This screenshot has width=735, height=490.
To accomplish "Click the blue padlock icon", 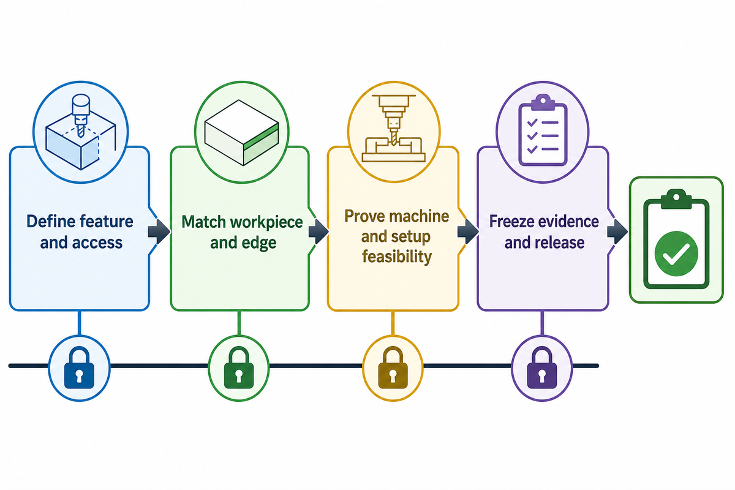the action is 79,368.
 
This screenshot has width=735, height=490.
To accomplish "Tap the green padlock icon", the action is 238,368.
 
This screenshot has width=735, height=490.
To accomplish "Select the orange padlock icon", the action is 393,368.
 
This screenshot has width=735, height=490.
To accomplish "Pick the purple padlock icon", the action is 541,368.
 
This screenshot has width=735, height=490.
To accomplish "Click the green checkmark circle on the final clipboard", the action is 676,254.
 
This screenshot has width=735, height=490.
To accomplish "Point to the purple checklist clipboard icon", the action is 543,130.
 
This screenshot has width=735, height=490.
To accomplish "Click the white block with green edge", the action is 241,132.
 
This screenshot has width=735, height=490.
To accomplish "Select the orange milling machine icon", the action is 393,129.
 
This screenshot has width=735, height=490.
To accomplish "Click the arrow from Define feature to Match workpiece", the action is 159,232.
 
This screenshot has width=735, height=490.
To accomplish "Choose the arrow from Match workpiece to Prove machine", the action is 318,232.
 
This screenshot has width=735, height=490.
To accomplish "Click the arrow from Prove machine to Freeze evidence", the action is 468,232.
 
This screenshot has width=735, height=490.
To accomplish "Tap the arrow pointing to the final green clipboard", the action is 617,232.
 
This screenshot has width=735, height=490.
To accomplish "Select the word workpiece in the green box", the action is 266,223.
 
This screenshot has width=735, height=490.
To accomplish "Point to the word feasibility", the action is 397,256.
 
